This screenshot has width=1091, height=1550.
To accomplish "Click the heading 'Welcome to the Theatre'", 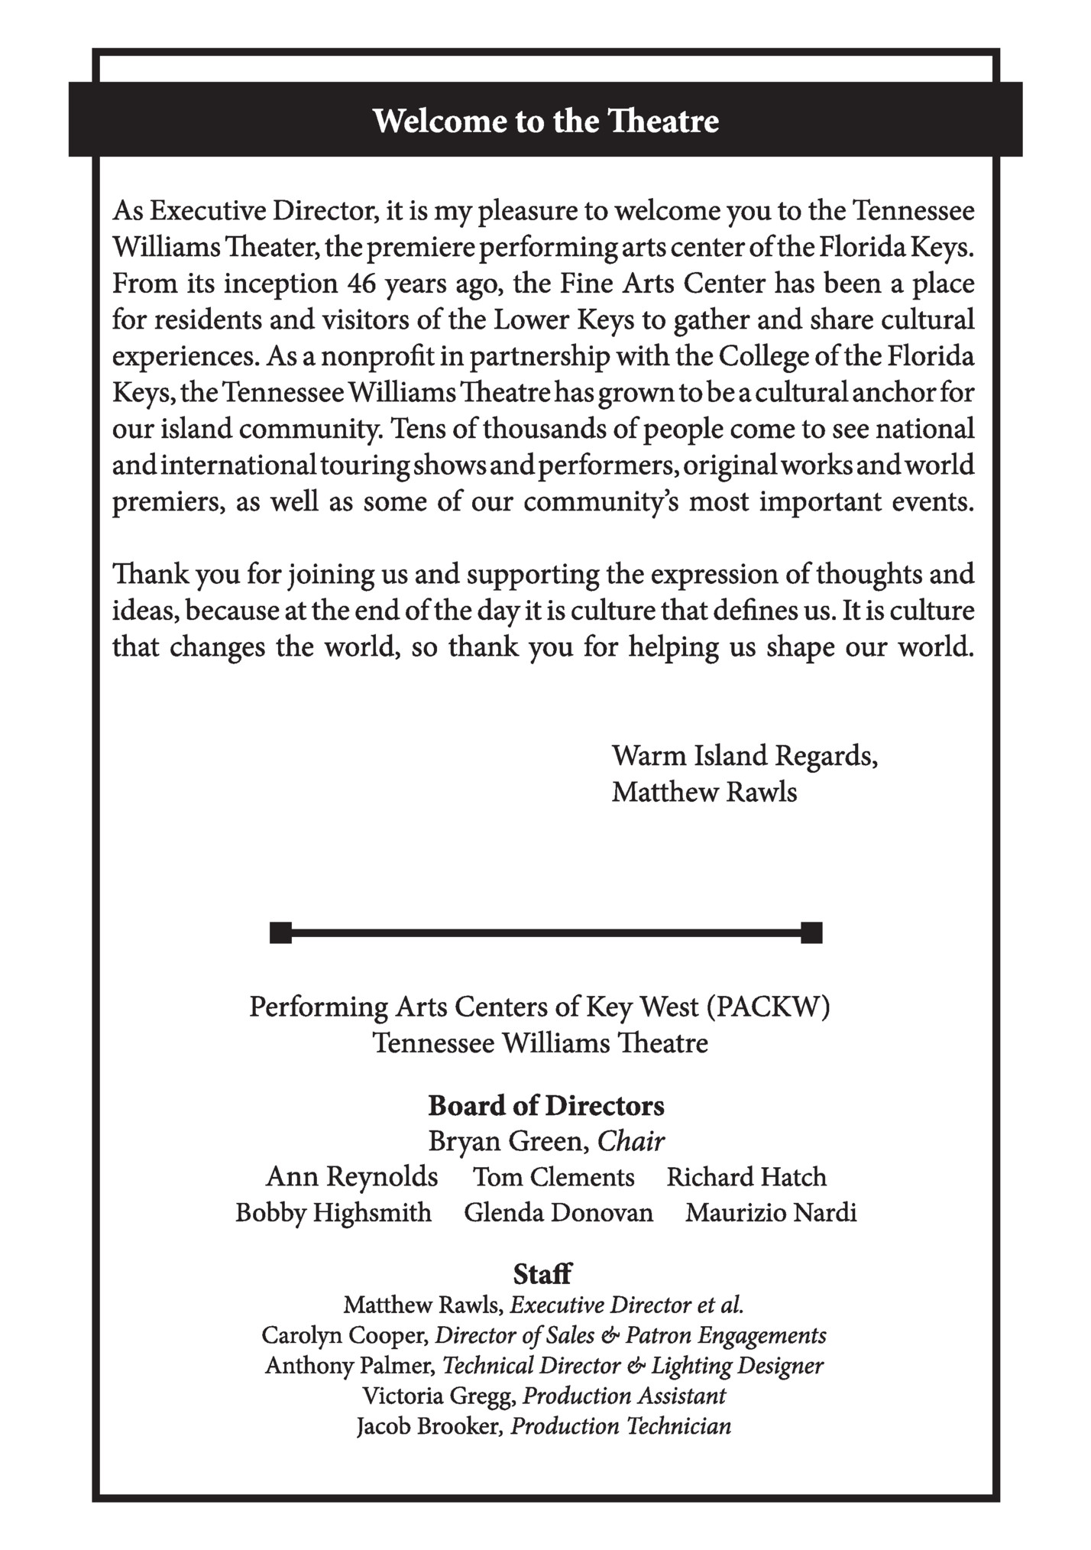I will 545,121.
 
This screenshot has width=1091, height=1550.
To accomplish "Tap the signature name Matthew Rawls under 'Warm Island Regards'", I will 704,793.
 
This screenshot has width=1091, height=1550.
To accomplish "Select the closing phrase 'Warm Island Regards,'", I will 744,756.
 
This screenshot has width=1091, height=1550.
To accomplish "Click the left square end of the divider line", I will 280,933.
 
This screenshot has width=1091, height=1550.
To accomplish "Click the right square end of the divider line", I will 811,933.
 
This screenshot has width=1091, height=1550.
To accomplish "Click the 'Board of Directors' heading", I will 545,1105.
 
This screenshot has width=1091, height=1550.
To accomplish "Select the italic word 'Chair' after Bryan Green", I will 630,1141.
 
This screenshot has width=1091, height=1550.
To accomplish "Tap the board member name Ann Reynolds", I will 351,1177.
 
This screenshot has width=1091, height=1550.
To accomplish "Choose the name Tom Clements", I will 553,1177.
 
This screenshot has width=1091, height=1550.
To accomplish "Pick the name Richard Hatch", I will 746,1177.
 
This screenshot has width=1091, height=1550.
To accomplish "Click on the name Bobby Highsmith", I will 333,1213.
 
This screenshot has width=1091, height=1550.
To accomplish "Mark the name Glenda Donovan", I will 558,1213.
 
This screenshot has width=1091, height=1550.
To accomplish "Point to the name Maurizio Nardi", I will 771,1213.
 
